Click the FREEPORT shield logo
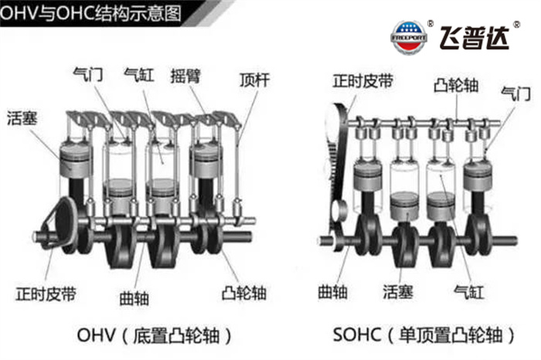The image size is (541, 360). click(409, 37)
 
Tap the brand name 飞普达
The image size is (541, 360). click(474, 38)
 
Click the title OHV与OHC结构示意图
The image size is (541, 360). click(90, 13)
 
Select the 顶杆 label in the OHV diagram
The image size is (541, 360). click(254, 80)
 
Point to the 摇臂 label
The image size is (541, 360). click(185, 76)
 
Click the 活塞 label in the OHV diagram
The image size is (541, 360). click(22, 118)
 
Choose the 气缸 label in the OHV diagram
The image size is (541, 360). click(138, 74)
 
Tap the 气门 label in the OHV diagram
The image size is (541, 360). click(88, 74)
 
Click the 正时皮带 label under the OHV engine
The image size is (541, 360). click(46, 294)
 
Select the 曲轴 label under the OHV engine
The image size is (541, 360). click(134, 298)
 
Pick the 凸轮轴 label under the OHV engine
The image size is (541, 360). click(244, 293)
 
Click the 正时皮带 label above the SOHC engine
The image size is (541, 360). click(363, 81)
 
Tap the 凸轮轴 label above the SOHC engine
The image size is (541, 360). click(456, 84)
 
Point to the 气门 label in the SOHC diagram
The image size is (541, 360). click(515, 93)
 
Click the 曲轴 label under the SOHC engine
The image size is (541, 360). click(332, 292)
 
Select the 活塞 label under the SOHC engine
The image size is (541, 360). click(398, 292)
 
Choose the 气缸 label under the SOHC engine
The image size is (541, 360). click(469, 293)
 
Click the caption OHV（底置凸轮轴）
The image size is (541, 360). click(155, 335)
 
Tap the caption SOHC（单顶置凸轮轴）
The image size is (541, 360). click(424, 335)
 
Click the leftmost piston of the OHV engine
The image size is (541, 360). click(76, 161)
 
